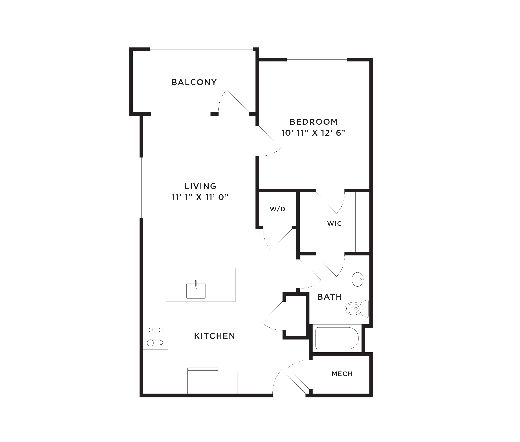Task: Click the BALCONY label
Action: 194,82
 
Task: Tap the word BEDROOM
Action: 314,122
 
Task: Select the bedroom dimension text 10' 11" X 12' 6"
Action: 313,133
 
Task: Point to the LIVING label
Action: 200,186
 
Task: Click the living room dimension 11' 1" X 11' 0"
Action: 200,197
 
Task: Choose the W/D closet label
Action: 277,209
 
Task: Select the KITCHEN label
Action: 215,336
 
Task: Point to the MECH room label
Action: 342,374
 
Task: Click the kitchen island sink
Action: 196,291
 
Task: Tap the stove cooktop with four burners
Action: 155,336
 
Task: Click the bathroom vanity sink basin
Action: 358,279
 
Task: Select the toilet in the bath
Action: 356,308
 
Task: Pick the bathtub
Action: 337,338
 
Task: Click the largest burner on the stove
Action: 150,343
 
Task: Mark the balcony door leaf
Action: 238,101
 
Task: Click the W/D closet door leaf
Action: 282,239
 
